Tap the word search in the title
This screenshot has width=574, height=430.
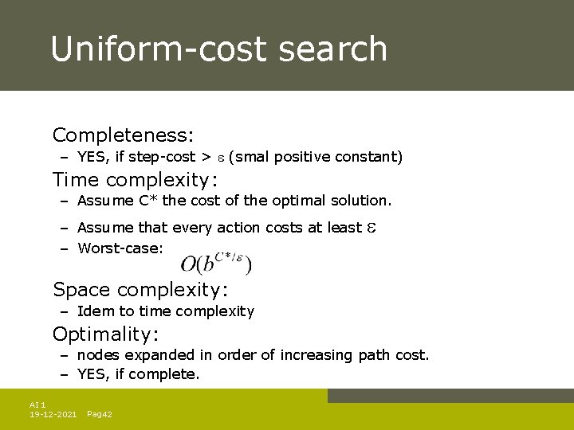(x=333, y=49)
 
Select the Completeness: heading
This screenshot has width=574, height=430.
(x=124, y=135)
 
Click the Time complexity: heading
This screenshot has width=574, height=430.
(x=136, y=179)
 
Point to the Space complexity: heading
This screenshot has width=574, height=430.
(x=140, y=289)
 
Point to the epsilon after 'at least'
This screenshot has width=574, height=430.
(x=371, y=228)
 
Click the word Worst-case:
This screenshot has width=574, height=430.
(x=120, y=248)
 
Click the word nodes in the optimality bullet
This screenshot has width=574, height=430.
(x=96, y=355)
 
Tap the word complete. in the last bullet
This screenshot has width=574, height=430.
(x=170, y=374)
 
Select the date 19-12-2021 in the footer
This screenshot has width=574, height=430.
(x=53, y=415)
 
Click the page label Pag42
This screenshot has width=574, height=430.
(x=100, y=415)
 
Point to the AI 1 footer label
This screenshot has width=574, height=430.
(x=37, y=405)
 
